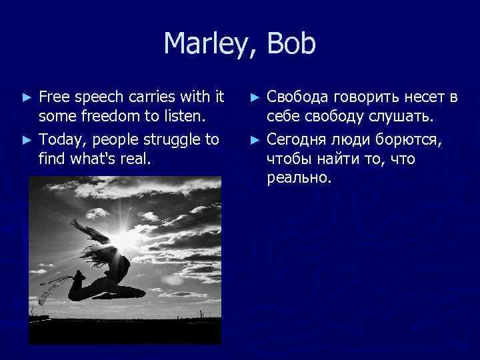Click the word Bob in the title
[291, 45]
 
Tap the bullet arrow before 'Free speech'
[27, 97]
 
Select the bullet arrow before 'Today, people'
[27, 139]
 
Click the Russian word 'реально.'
[298, 179]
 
